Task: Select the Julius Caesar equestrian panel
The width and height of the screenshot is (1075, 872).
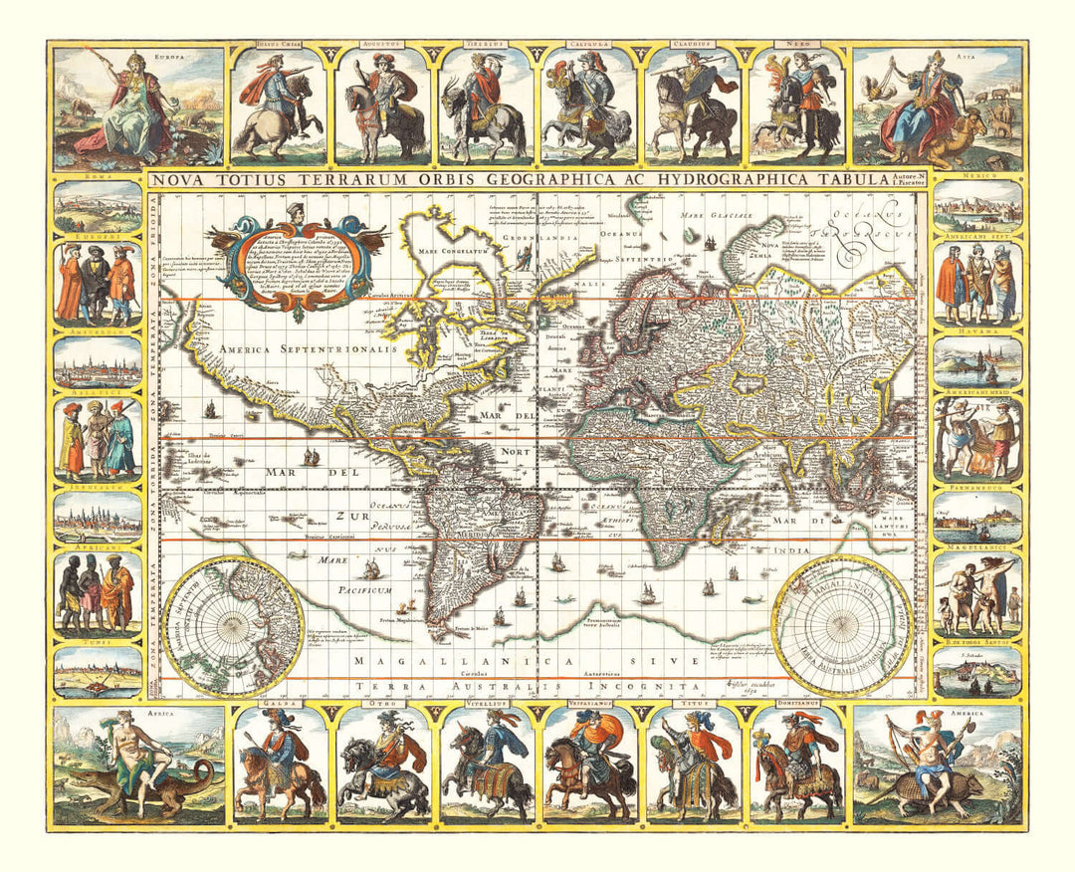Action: (278, 108)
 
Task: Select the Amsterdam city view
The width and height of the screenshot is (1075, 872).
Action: (98, 364)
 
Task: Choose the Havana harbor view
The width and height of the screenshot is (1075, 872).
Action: (976, 364)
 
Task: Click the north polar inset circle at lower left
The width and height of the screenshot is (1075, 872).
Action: (233, 624)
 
